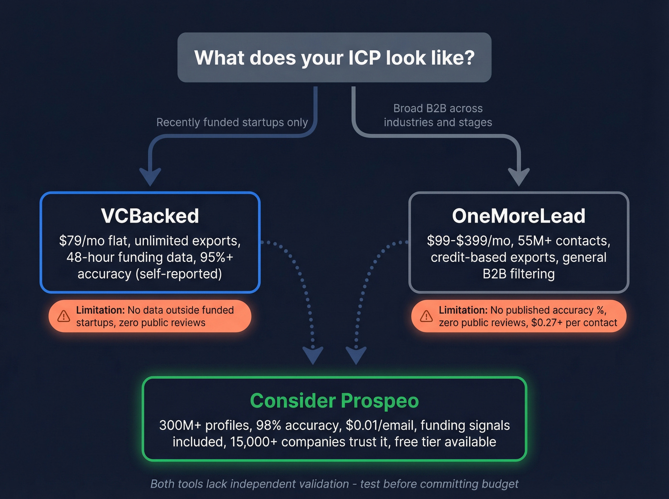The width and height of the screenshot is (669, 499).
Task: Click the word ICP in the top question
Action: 364,58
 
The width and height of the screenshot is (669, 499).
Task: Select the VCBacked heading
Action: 150,216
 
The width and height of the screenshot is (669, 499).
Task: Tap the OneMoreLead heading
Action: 518,216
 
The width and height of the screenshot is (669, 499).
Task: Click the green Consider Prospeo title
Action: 334,401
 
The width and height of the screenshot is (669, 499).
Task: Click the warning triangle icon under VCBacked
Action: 64,316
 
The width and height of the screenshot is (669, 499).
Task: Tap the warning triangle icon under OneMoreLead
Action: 426,316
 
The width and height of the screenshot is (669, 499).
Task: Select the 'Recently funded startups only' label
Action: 232,122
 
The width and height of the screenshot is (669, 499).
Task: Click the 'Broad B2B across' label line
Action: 438,108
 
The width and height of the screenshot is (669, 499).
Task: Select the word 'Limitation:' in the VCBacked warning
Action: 100,310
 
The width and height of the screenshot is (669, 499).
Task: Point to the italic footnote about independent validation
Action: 334,484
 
